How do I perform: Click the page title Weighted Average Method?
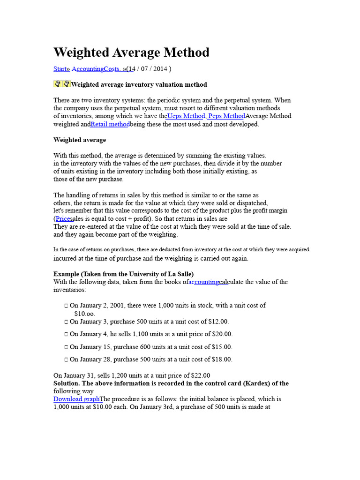131,52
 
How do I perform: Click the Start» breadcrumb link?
61,69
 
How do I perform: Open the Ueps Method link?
186,116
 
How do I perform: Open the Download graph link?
76,399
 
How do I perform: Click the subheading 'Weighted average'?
80,140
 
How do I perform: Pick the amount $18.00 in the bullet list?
222,360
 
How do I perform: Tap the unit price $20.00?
222,334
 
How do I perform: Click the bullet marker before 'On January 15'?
66,347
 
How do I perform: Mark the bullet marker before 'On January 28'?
66,360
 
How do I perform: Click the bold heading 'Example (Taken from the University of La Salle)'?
124,274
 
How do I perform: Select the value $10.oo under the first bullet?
84,313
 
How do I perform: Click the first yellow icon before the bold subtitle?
57,84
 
